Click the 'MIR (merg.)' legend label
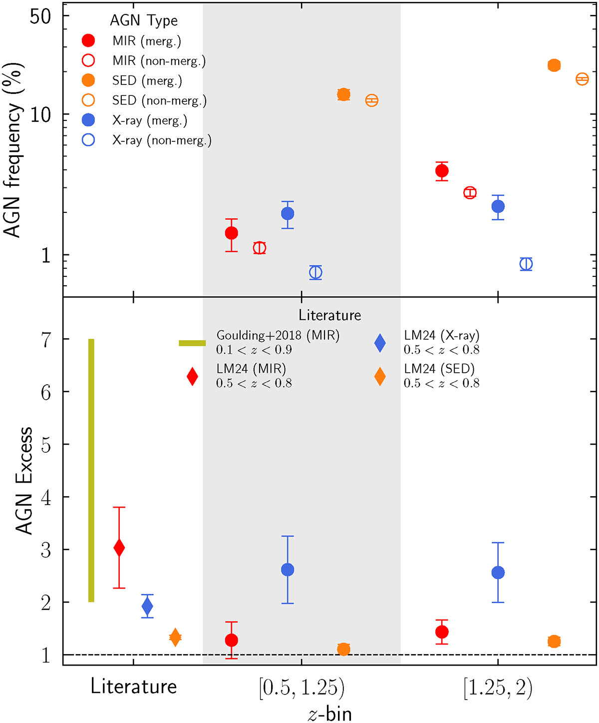click(146, 41)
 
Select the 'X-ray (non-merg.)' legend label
click(161, 140)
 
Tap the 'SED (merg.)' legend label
click(147, 80)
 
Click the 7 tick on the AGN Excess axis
click(46, 340)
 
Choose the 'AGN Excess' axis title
click(23, 481)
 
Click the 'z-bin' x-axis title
click(329, 714)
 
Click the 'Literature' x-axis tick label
click(133, 687)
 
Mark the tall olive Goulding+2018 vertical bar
click(91, 470)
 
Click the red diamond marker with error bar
click(119, 548)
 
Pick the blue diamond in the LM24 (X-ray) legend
click(380, 343)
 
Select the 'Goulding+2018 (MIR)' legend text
click(278, 335)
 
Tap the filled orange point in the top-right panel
click(554, 65)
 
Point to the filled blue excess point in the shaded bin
click(288, 570)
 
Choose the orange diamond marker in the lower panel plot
click(175, 637)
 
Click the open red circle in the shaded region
click(259, 248)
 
